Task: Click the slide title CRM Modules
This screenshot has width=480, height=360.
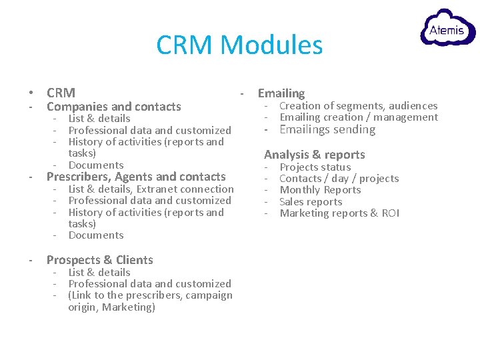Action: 239,45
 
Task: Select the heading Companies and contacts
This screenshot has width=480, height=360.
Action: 113,107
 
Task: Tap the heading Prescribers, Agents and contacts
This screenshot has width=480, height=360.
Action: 136,177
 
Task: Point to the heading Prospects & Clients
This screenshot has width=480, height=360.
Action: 99,260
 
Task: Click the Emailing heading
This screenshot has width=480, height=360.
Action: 281,93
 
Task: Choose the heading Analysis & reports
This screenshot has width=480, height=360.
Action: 315,155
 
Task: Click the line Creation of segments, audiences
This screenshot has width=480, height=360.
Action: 358,105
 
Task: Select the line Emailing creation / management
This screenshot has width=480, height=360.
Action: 358,117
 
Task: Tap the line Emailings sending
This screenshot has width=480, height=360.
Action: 327,129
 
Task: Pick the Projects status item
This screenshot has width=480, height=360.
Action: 315,167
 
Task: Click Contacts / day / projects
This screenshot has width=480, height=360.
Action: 339,179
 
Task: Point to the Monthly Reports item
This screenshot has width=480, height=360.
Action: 320,190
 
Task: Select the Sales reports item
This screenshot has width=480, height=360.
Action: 311,202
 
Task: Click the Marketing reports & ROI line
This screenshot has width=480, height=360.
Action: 339,213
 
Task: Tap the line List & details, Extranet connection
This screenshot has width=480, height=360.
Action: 151,189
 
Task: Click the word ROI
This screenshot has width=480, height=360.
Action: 390,213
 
